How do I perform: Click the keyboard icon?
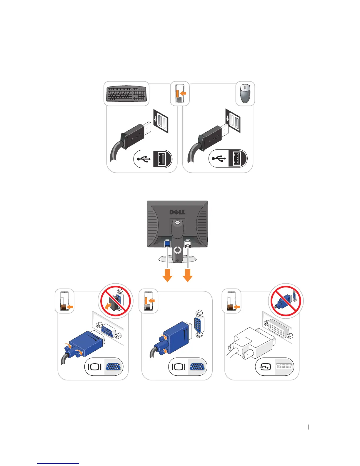pyautogui.click(x=126, y=94)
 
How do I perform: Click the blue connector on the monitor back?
pyautogui.click(x=167, y=244)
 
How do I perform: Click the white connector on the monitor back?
pyautogui.click(x=188, y=244)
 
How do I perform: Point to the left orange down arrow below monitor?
pyautogui.click(x=167, y=275)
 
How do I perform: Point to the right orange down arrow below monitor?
pyautogui.click(x=188, y=275)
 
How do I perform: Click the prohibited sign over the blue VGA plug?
pyautogui.click(x=286, y=301)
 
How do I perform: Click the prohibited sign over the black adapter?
pyautogui.click(x=115, y=301)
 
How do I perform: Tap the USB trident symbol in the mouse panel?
pyautogui.click(x=219, y=159)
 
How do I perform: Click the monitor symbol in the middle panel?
pyautogui.click(x=179, y=367)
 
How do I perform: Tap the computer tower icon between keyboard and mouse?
pyautogui.click(x=179, y=94)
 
